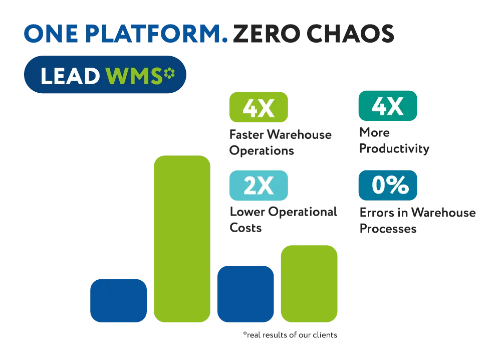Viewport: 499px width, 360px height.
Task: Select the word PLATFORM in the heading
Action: (x=153, y=34)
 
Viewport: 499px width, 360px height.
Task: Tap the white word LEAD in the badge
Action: (x=70, y=76)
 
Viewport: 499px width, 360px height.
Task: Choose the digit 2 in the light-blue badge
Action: (x=250, y=186)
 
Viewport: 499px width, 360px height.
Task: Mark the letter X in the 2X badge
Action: (x=266, y=186)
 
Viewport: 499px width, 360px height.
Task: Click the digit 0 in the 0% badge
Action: (x=379, y=185)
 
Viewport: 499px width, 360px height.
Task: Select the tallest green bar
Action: (x=181, y=239)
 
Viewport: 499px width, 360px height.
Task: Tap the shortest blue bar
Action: (x=118, y=300)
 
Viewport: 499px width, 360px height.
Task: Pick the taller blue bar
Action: (x=245, y=293)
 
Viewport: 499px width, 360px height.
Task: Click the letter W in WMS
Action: (x=116, y=76)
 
